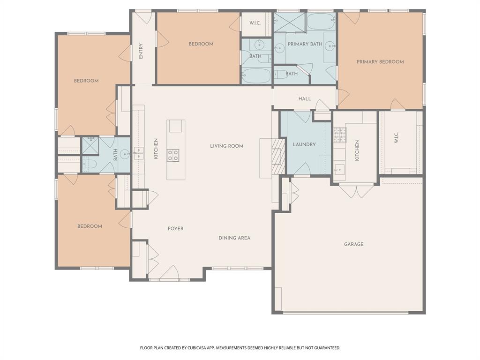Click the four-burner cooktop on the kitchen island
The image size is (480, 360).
point(173,155)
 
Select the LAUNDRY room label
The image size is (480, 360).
point(304,144)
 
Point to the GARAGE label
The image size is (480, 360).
point(353,244)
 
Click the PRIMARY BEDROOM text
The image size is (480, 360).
point(380,62)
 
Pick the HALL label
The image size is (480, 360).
point(305,99)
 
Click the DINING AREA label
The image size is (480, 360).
point(234,238)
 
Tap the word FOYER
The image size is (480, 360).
point(175,229)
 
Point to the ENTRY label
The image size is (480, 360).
point(141,51)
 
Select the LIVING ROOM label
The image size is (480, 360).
point(226,146)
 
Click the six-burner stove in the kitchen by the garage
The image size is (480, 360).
point(340,135)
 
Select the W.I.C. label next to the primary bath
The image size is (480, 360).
point(255,23)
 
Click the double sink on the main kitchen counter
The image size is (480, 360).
point(137,151)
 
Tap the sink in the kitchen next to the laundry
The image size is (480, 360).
point(339,169)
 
